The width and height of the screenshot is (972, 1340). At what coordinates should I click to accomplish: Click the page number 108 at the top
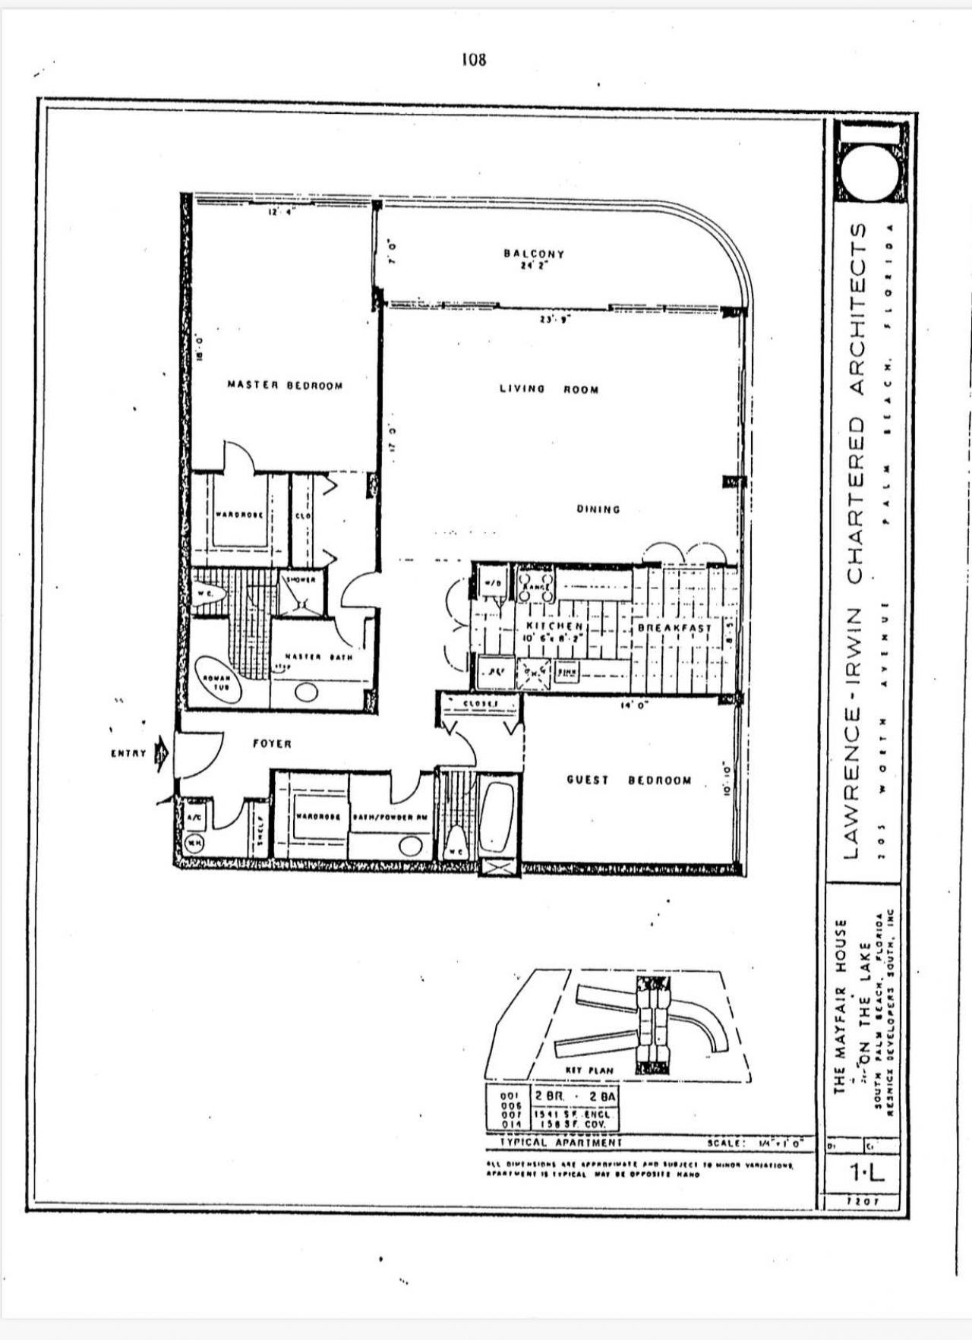[473, 59]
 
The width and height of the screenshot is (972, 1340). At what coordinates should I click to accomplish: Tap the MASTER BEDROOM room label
[285, 386]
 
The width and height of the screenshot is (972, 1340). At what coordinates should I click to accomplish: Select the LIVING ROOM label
[548, 389]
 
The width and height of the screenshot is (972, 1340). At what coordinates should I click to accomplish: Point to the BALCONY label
[534, 254]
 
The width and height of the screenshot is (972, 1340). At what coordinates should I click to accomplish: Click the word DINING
[598, 509]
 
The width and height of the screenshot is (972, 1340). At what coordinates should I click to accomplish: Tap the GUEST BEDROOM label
[629, 780]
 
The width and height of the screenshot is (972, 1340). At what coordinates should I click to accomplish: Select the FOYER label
[272, 744]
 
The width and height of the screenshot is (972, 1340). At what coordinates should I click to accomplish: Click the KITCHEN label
[554, 626]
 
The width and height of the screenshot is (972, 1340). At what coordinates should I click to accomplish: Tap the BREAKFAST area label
[674, 629]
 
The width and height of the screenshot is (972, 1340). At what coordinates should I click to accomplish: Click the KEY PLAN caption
[589, 1070]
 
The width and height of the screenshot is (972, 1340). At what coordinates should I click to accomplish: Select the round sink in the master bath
[307, 692]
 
